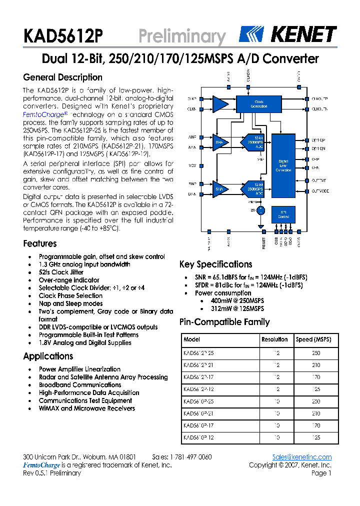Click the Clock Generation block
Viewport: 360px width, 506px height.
click(x=259, y=104)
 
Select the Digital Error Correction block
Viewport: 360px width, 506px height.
click(x=283, y=165)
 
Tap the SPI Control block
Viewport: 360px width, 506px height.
click(x=283, y=214)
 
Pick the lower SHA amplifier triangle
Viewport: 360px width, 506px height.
click(x=219, y=189)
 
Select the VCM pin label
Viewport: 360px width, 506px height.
click(x=192, y=165)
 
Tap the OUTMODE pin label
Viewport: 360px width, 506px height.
click(x=320, y=191)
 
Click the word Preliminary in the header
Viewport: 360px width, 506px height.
click(x=181, y=36)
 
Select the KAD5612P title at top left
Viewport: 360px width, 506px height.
click(x=62, y=36)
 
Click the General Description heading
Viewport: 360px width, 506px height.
click(x=62, y=77)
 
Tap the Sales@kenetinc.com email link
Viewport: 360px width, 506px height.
click(x=301, y=457)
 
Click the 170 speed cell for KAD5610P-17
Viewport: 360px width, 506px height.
click(x=315, y=425)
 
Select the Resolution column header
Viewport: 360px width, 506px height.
click(x=274, y=339)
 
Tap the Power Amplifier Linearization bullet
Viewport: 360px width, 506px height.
click(x=79, y=369)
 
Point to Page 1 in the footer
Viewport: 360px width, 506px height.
click(x=321, y=473)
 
